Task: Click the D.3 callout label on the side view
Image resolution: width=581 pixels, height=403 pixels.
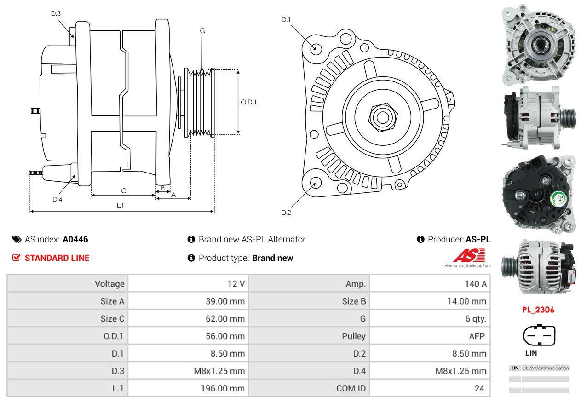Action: pos(56,14)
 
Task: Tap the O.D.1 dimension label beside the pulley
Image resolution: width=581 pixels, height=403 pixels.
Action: pos(248,102)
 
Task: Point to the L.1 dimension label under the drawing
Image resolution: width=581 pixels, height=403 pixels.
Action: pos(120,206)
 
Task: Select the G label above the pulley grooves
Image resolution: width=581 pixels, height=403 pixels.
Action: pos(202,31)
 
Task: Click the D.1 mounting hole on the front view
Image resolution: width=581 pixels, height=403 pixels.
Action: pos(316,48)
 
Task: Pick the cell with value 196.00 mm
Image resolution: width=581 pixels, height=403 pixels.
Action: pos(223,388)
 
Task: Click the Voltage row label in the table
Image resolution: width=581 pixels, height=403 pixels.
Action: pos(109,284)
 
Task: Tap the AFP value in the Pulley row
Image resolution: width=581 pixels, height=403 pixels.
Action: pos(477,336)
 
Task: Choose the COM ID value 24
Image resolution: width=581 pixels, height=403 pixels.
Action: pos(479,388)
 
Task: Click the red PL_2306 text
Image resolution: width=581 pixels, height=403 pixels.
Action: pos(538,310)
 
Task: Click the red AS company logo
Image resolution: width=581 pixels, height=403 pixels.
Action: pos(469,255)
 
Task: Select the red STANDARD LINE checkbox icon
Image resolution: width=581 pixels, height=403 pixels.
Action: pos(16,258)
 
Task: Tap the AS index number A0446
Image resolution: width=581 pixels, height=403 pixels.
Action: pos(75,239)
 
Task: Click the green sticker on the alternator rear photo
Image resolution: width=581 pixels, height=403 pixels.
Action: pos(558,199)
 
